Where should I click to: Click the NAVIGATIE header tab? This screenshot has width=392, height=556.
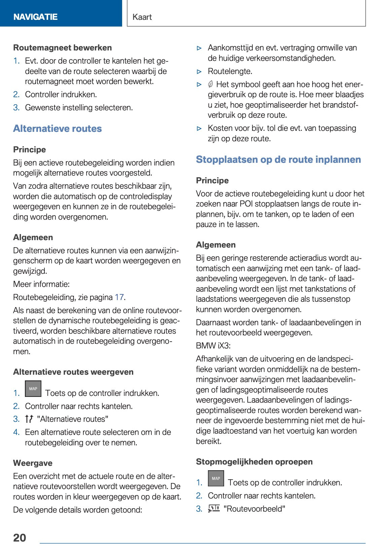click(35, 17)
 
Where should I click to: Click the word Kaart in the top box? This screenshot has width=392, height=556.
click(142, 17)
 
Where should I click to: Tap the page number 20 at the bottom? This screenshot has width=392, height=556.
click(20, 538)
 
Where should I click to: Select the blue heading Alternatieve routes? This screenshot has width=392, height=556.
click(57, 128)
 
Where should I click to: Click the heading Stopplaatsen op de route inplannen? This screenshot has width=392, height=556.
click(278, 159)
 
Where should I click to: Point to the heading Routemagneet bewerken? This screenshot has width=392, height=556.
click(62, 48)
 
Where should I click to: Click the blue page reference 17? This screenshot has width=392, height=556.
click(119, 297)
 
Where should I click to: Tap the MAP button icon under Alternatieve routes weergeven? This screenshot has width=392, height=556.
click(33, 389)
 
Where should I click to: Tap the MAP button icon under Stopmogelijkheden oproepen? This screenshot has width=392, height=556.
click(216, 478)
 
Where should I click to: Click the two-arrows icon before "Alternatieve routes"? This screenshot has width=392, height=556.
click(29, 419)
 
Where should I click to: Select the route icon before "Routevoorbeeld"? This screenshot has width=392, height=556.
click(214, 508)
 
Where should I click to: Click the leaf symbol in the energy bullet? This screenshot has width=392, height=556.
click(211, 84)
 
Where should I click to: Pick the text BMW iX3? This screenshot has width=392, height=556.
click(213, 346)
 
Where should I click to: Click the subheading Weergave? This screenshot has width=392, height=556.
click(33, 463)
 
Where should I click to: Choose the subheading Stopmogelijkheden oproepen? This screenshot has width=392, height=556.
click(254, 462)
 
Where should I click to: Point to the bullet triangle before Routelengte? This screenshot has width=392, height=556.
click(199, 72)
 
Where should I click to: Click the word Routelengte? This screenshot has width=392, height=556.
click(229, 71)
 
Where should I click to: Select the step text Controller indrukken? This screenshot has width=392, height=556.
click(61, 95)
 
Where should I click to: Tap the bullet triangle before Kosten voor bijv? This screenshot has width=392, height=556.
click(199, 128)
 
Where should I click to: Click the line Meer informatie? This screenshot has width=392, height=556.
click(41, 284)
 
